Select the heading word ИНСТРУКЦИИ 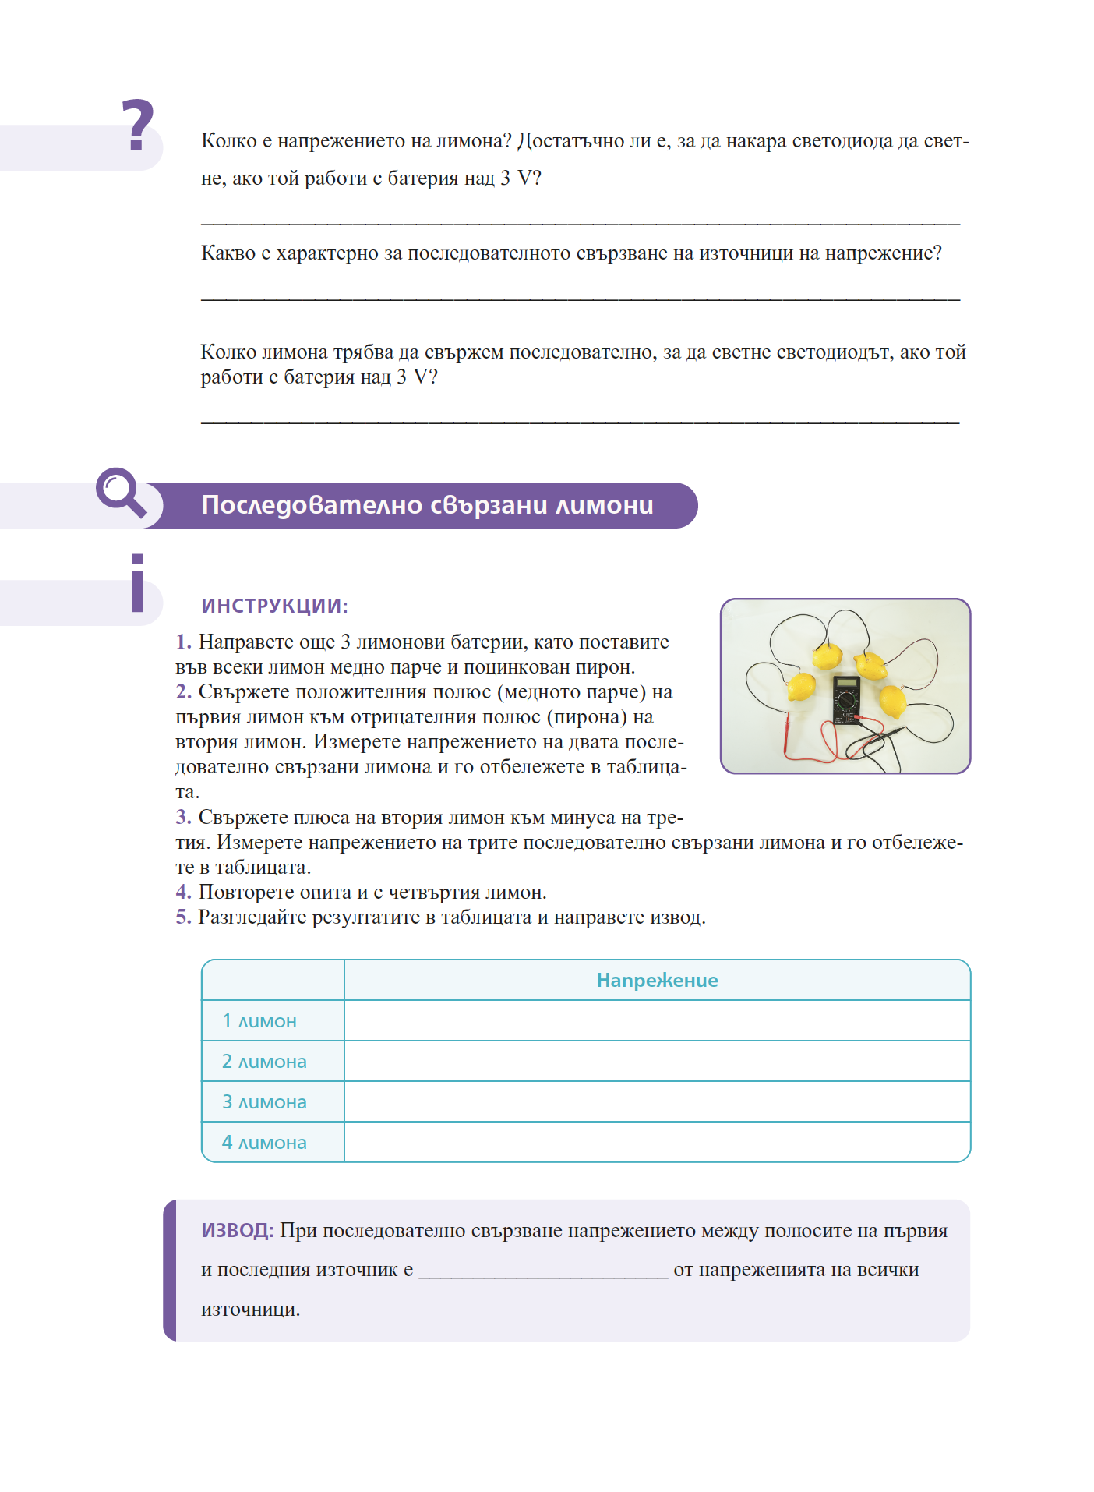(x=274, y=606)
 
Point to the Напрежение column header (x=657, y=980)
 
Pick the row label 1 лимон (x=259, y=1020)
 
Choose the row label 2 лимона (x=264, y=1061)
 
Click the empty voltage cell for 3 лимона (x=657, y=1101)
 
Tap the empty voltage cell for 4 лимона (x=657, y=1142)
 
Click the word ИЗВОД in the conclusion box (x=237, y=1230)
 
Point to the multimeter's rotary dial (x=846, y=701)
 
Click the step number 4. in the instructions (x=183, y=892)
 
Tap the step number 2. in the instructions (x=183, y=691)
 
